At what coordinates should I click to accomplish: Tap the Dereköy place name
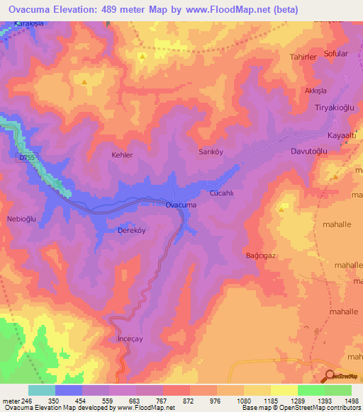coord(131,231)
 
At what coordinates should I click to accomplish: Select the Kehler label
coord(122,154)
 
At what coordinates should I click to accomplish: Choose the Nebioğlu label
coord(21,219)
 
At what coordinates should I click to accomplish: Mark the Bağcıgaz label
coord(259,255)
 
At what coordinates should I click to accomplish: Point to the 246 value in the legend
coord(27,400)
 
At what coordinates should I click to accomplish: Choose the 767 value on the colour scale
coord(162,400)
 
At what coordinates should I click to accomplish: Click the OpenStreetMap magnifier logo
coord(330,377)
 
